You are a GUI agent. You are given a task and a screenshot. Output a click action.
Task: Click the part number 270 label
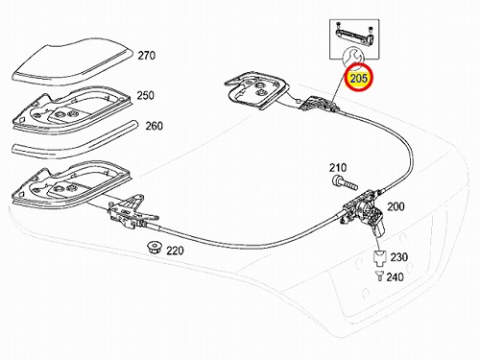(x=147, y=56)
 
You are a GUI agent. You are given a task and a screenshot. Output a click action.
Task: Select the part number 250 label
(x=146, y=95)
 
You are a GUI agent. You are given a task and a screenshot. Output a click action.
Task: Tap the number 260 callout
(x=155, y=126)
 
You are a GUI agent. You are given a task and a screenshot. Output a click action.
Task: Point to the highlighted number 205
(x=358, y=78)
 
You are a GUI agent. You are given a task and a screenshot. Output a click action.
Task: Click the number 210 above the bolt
(x=338, y=168)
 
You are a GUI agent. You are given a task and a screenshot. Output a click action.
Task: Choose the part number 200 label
(x=396, y=206)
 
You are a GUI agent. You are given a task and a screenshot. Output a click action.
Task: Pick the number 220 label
(x=175, y=251)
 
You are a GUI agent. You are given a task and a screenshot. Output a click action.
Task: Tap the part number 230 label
(x=399, y=257)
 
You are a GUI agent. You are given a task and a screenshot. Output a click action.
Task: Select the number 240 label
(x=396, y=276)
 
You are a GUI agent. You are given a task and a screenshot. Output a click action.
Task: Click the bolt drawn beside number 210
(x=345, y=182)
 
